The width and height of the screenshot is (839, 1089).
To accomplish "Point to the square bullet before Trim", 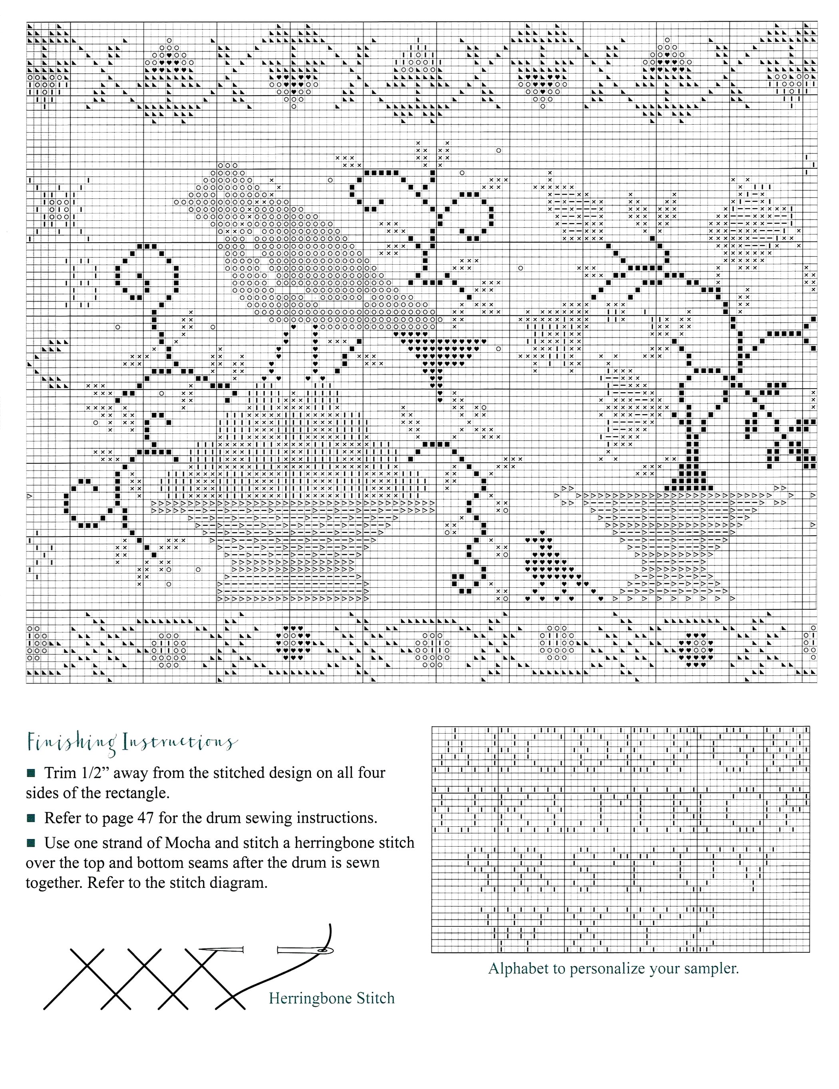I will click(x=31, y=773).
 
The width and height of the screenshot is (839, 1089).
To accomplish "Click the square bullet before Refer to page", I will click(x=31, y=818).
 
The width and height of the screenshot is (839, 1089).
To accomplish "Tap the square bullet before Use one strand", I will click(x=31, y=843).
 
